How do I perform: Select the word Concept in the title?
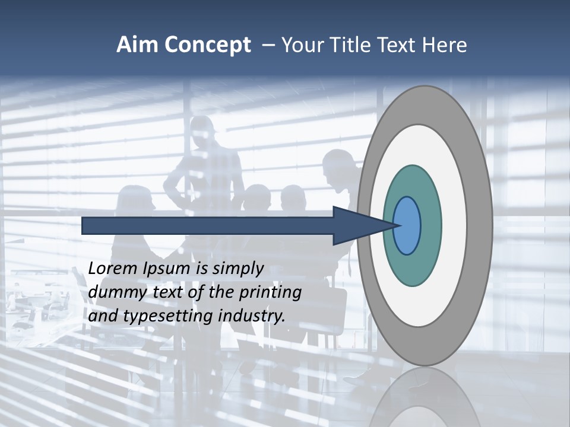pos(207,45)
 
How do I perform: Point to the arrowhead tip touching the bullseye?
pos(397,225)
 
